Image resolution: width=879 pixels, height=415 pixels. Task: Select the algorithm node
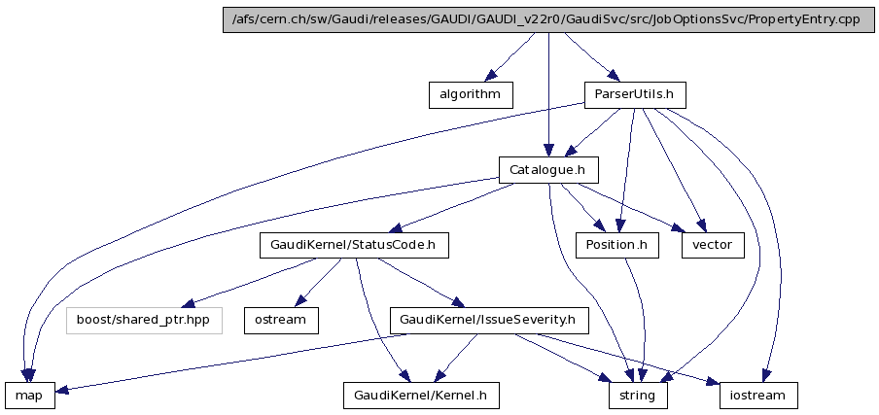pyautogui.click(x=470, y=94)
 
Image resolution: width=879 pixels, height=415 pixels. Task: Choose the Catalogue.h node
pyautogui.click(x=548, y=170)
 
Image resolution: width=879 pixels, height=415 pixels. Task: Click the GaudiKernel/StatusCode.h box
pyautogui.click(x=354, y=246)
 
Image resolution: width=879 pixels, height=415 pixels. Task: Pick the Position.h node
pyautogui.click(x=616, y=246)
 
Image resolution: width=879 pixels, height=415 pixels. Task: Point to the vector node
pyautogui.click(x=713, y=246)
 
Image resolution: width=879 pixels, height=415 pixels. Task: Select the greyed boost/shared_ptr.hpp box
pyautogui.click(x=144, y=320)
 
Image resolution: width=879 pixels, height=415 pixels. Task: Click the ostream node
pyautogui.click(x=280, y=320)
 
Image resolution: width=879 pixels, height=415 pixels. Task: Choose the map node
pyautogui.click(x=29, y=396)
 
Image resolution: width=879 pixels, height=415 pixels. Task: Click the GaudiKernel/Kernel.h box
pyautogui.click(x=421, y=396)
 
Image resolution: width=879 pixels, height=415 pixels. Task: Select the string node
pyautogui.click(x=638, y=396)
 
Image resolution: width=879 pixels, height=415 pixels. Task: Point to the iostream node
pyautogui.click(x=758, y=396)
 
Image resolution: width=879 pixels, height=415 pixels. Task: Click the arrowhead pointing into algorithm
pyautogui.click(x=491, y=77)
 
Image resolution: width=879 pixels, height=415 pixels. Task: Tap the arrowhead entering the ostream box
pyautogui.click(x=299, y=302)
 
